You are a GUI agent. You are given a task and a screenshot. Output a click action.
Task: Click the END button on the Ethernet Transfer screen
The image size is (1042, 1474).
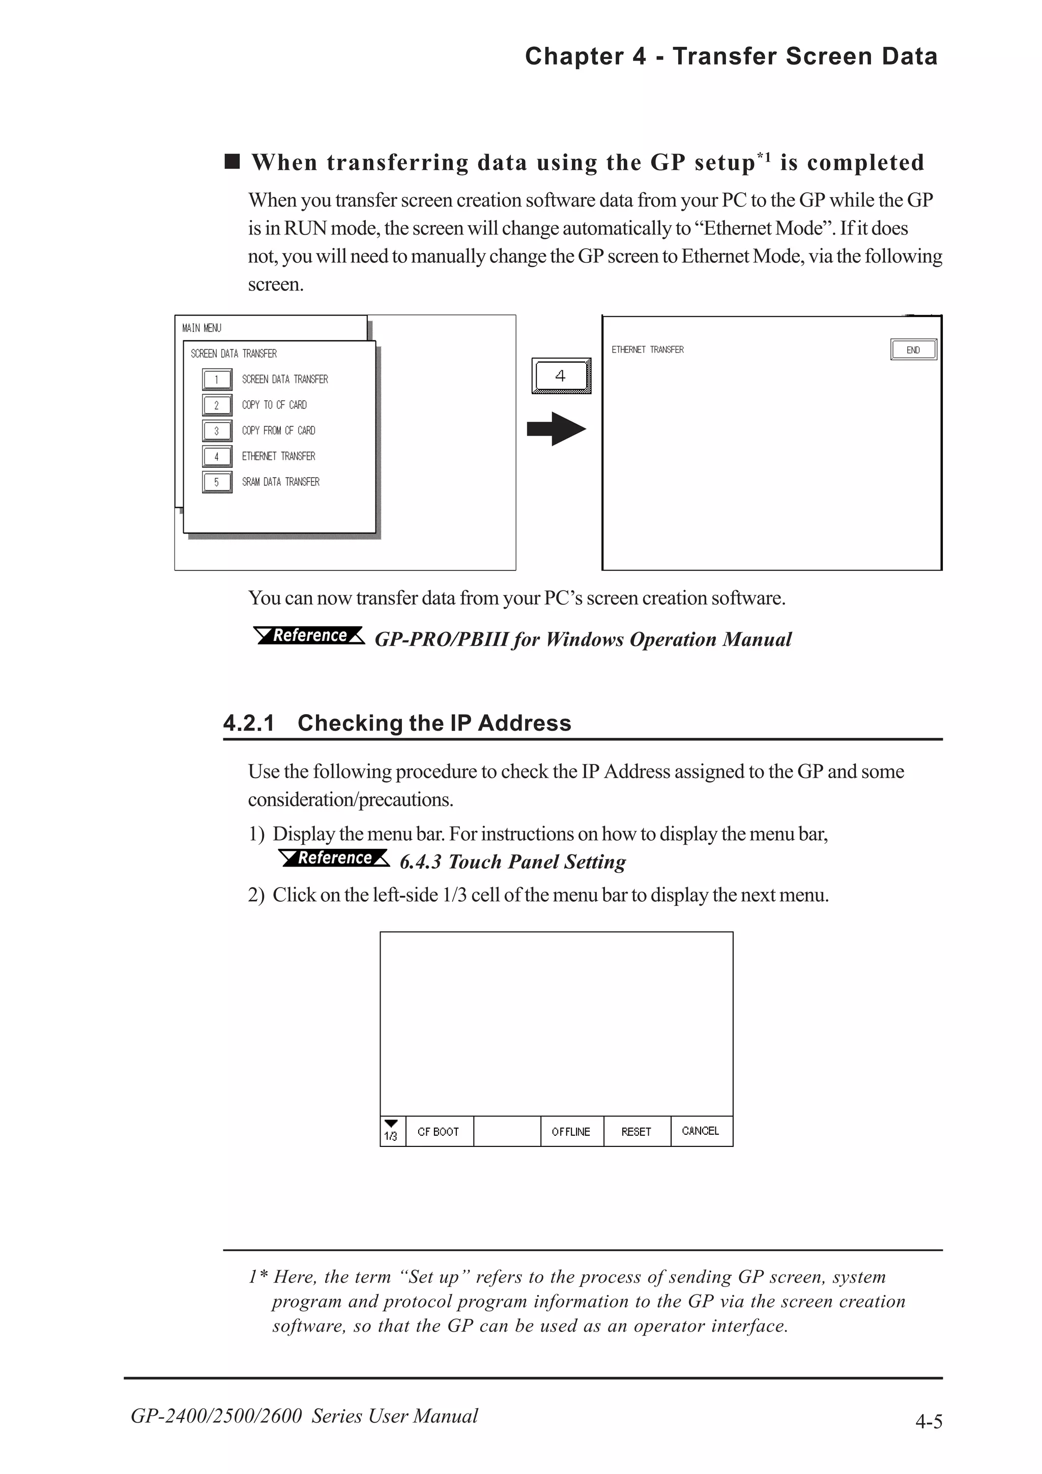click(x=913, y=350)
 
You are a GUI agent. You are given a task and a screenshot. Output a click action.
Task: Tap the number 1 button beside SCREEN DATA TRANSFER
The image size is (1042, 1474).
click(x=216, y=379)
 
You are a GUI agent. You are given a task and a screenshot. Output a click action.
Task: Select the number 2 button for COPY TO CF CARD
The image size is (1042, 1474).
click(x=216, y=405)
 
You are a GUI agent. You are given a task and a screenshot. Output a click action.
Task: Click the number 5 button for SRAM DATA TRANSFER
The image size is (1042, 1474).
click(x=216, y=482)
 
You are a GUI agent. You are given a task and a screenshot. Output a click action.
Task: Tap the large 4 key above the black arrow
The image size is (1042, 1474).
click(x=561, y=375)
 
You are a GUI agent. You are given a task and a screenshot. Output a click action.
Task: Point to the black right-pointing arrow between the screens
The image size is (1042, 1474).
click(x=556, y=429)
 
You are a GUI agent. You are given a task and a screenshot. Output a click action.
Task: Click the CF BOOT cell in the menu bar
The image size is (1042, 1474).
click(x=439, y=1131)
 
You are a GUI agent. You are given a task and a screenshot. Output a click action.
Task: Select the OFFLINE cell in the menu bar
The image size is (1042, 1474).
click(x=571, y=1131)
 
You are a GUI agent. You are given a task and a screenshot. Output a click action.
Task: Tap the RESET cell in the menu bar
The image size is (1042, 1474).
click(x=636, y=1131)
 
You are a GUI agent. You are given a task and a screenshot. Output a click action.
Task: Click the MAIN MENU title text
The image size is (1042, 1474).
click(x=201, y=328)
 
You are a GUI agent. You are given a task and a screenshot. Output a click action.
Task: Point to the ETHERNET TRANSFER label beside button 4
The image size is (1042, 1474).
click(x=279, y=456)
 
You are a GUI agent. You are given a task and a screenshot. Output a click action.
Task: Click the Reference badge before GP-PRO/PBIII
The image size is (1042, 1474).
click(x=309, y=636)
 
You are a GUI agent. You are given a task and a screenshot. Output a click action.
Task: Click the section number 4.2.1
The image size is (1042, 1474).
click(x=248, y=723)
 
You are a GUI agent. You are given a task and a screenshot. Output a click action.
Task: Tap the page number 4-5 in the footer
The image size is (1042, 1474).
click(x=929, y=1421)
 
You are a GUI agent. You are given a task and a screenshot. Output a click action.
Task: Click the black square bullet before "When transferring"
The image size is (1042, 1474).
click(x=232, y=161)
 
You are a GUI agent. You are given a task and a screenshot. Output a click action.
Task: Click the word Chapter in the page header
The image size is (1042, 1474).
click(x=574, y=56)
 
